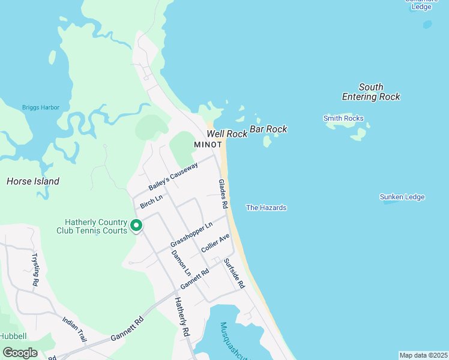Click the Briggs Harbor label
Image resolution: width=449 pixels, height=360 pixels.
[x=41, y=107]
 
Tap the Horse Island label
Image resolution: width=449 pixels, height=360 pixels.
[x=33, y=181]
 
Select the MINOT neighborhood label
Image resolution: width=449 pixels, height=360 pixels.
[x=208, y=145]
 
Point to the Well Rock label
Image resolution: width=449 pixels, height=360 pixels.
[x=227, y=134]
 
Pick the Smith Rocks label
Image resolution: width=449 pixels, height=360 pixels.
[x=343, y=118]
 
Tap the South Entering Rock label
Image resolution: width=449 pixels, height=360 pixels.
[x=371, y=92]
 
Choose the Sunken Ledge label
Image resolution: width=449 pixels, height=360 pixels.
[x=402, y=197]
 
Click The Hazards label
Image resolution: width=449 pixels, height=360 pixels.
[x=266, y=208]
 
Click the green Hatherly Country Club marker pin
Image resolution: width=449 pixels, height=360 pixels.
[x=136, y=226]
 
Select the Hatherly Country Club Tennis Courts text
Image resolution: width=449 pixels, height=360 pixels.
[x=91, y=226]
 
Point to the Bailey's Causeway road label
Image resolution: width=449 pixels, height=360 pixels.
[x=173, y=176]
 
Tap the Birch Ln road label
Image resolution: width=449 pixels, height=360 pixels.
[x=151, y=201]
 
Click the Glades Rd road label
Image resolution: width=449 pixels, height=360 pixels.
[x=223, y=194]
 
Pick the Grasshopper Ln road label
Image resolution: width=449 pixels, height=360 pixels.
[x=191, y=235]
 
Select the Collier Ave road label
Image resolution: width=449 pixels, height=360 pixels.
[x=215, y=242]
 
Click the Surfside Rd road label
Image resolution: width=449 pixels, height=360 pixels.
[x=234, y=274]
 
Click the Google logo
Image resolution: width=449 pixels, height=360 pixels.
[x=20, y=353]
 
